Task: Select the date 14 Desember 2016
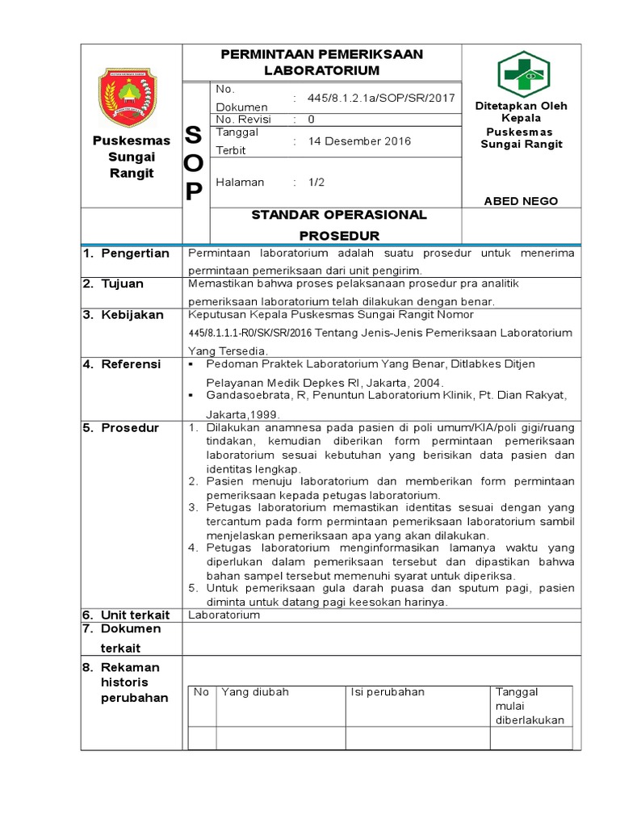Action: click(x=359, y=141)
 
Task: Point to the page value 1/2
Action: click(x=316, y=183)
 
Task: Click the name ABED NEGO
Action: click(x=521, y=201)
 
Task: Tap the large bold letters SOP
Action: click(x=195, y=163)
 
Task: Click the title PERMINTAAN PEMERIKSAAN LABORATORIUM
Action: click(x=322, y=62)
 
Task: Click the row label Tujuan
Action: click(x=122, y=284)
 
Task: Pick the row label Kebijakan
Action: click(x=132, y=315)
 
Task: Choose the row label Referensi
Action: click(x=130, y=365)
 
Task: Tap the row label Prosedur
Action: click(x=130, y=428)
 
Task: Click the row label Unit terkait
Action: click(x=135, y=615)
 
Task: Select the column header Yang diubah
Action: click(x=255, y=692)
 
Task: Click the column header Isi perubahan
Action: click(x=387, y=692)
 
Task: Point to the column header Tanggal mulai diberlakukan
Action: click(x=530, y=706)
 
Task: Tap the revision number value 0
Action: click(x=311, y=120)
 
